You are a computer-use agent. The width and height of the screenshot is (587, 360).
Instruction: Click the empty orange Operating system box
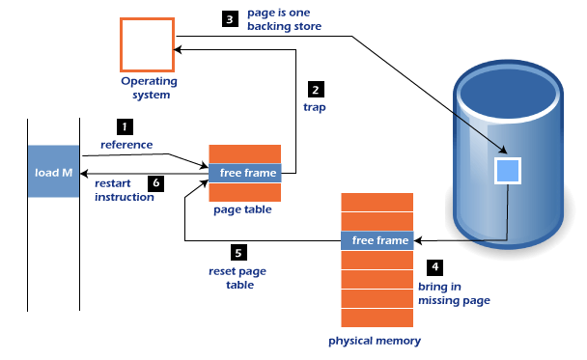(x=147, y=44)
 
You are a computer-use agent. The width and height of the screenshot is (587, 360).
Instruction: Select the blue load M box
(x=53, y=172)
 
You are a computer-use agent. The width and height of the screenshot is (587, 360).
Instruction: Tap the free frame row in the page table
(x=245, y=173)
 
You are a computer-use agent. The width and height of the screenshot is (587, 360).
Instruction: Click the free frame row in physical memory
(x=377, y=240)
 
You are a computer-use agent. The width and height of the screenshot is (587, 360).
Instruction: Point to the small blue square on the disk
(x=508, y=171)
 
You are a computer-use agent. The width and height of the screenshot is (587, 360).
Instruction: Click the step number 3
(x=229, y=19)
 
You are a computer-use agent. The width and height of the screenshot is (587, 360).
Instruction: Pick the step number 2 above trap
(x=315, y=90)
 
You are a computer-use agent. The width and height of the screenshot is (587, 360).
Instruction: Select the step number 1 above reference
(x=125, y=126)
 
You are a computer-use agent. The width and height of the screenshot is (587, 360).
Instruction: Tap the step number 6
(x=156, y=181)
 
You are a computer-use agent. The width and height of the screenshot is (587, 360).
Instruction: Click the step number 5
(x=238, y=253)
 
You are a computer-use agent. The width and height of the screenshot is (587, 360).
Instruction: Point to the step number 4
(x=434, y=266)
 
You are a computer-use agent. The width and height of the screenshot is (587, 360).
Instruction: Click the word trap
(x=315, y=108)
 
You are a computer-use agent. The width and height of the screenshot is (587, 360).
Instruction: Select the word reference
(x=126, y=145)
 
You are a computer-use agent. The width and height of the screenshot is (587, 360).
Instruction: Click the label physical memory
(x=375, y=342)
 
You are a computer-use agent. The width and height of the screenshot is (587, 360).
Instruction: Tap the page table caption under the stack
(x=242, y=209)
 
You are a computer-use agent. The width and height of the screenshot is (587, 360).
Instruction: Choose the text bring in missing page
(x=454, y=293)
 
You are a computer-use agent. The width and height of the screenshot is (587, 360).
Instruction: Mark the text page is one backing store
(x=284, y=20)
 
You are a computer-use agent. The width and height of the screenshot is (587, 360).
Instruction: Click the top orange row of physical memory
(x=377, y=202)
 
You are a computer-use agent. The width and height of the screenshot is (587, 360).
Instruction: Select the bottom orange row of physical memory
(x=377, y=318)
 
